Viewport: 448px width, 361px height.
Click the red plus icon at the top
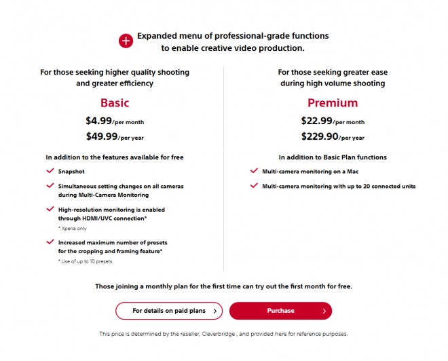(x=126, y=41)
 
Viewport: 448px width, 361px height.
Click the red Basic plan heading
(x=114, y=103)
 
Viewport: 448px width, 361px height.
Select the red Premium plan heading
(x=333, y=103)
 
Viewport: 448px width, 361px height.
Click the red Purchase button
(x=280, y=311)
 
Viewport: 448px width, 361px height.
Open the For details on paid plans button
(x=168, y=311)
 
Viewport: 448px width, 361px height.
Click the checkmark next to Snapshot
(x=50, y=172)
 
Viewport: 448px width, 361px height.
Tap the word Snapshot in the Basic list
(x=72, y=172)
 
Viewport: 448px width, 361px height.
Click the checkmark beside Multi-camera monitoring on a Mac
(x=254, y=172)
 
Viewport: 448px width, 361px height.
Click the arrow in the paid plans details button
(x=215, y=311)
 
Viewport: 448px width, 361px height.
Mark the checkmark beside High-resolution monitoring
(x=50, y=210)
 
